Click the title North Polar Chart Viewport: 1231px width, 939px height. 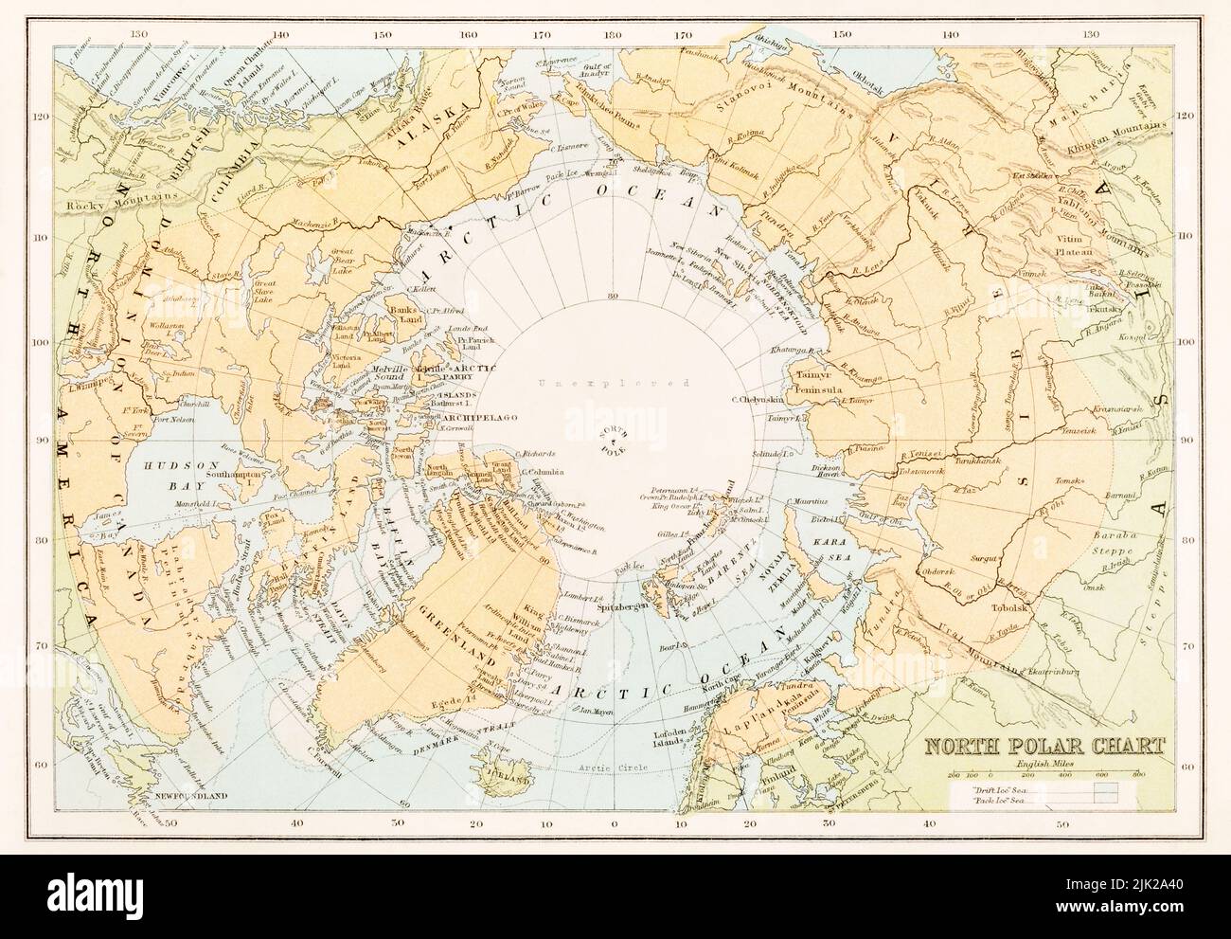(1044, 745)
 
